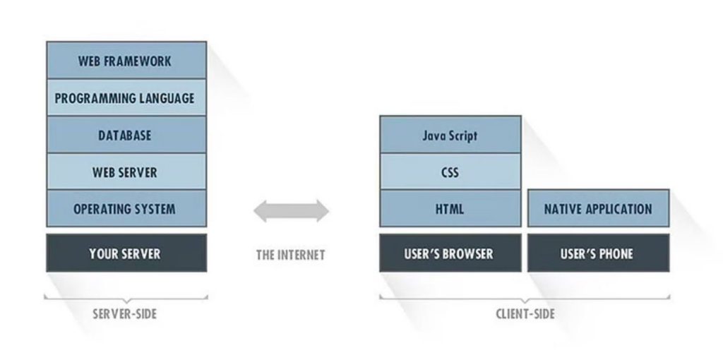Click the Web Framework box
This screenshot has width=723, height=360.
coord(126,61)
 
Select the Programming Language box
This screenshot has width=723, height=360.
coord(126,97)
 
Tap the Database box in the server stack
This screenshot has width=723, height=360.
coord(126,135)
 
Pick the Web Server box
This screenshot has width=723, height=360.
coord(126,172)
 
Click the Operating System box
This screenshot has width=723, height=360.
coord(126,208)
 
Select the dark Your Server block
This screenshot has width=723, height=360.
coord(126,253)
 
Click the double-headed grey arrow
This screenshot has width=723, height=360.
coord(291,211)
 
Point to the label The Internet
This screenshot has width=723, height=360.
coord(290,255)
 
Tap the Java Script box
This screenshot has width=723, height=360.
coord(450,135)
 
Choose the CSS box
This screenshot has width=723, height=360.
coord(450,172)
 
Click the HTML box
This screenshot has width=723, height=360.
coord(450,208)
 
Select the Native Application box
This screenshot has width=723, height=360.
coord(599,208)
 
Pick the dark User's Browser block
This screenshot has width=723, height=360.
coord(450,253)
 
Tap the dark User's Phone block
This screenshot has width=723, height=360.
coord(599,253)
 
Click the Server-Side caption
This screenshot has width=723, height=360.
coord(125,314)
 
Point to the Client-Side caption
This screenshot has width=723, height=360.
coord(525,314)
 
